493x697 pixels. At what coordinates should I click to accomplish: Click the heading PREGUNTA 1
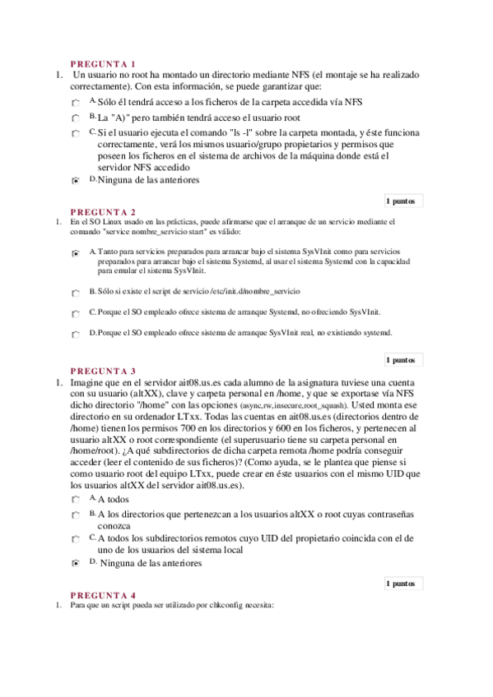point(103,63)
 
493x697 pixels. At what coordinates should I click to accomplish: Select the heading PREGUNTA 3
point(103,371)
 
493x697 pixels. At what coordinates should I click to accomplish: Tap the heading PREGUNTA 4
point(103,594)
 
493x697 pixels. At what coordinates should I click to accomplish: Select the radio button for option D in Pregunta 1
point(76,181)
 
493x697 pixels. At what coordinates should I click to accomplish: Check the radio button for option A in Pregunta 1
point(76,104)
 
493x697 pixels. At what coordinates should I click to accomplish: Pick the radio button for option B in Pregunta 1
point(76,118)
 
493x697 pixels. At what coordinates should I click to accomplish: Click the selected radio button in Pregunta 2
point(76,254)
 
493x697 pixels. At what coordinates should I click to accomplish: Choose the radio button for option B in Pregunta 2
point(76,293)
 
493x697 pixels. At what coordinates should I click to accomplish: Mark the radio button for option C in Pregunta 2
point(76,314)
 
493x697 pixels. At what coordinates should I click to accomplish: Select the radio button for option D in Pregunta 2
point(76,335)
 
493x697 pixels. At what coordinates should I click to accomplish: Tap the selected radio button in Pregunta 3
point(76,565)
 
